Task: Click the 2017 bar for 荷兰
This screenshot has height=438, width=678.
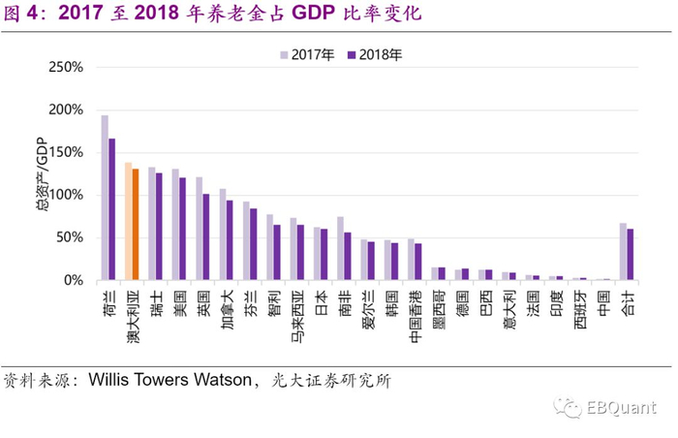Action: coord(105,198)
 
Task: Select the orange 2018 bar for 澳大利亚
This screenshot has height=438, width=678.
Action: coord(137,224)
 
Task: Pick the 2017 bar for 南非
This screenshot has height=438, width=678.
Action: coord(340,248)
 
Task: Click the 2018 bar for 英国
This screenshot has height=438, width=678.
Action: coord(206,236)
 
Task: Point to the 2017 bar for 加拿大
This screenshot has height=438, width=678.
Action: coord(223,235)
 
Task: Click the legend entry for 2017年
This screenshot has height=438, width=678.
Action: coord(307,55)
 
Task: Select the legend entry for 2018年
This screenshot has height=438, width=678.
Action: coord(374,55)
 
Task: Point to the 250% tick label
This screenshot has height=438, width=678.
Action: coord(66,68)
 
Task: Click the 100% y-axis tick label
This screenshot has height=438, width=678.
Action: coord(66,195)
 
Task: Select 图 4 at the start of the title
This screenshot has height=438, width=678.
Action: coord(22,16)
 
